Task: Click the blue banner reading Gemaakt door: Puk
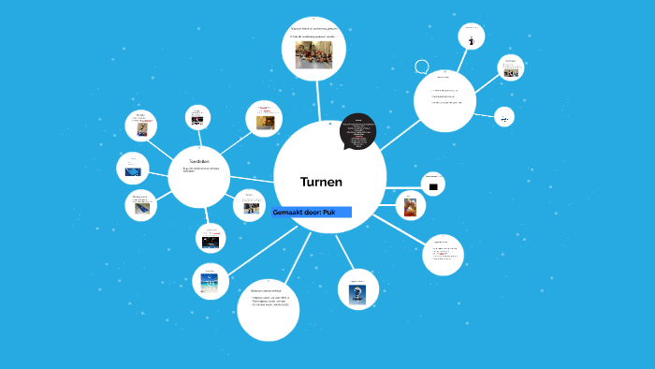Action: click(x=312, y=213)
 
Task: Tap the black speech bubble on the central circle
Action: click(x=357, y=131)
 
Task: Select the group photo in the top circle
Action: click(x=313, y=53)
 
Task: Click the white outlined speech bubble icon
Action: click(x=422, y=67)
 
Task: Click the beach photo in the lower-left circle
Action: click(x=210, y=282)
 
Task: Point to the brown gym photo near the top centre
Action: click(x=265, y=122)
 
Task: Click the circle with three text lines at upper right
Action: click(x=444, y=100)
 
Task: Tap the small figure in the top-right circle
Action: click(x=472, y=40)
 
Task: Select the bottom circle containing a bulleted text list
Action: click(x=269, y=308)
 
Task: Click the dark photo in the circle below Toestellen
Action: click(x=211, y=241)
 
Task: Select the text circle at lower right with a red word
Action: click(x=443, y=254)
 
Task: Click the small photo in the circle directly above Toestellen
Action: click(x=197, y=120)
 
